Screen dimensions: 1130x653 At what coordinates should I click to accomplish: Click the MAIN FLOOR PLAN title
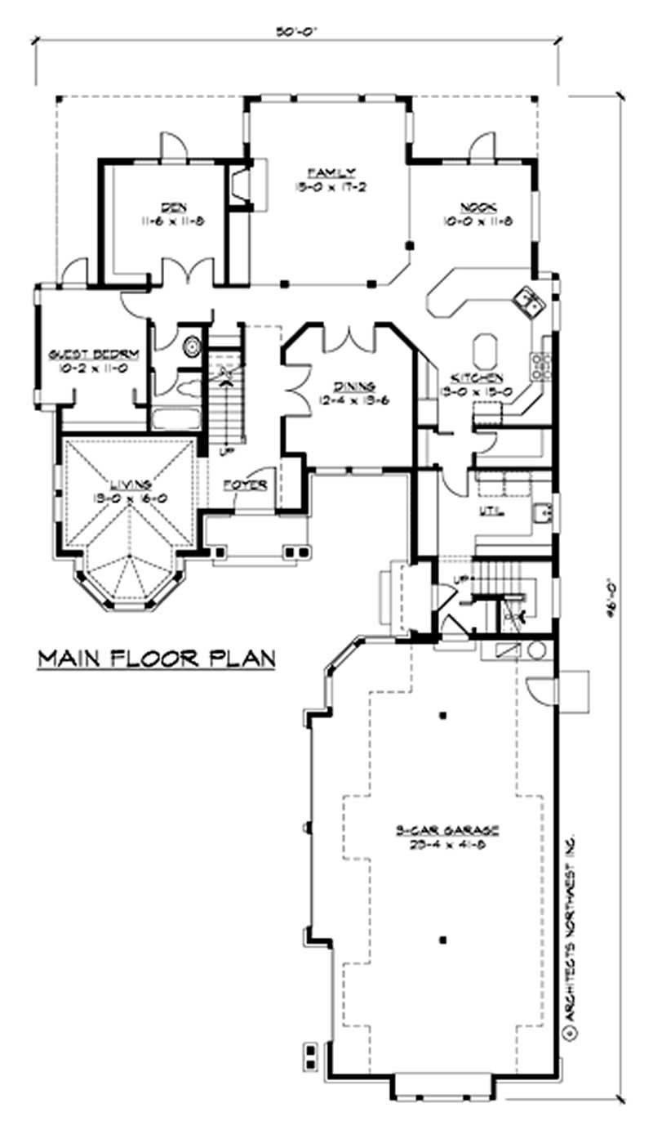pyautogui.click(x=156, y=658)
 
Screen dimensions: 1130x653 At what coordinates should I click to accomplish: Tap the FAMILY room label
pyautogui.click(x=331, y=172)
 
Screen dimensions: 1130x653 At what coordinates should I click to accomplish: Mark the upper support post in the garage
pyautogui.click(x=442, y=717)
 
